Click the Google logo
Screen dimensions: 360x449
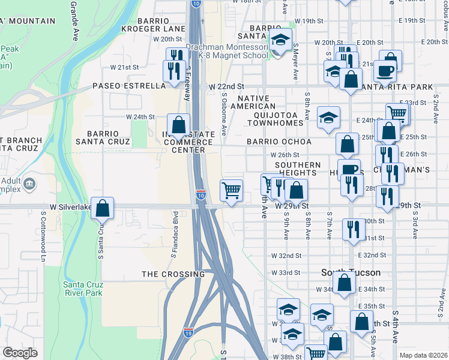[x=20, y=353]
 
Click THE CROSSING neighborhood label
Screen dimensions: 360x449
[x=173, y=274]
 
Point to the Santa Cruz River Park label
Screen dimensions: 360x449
[x=82, y=289]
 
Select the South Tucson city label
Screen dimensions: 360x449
[x=351, y=272]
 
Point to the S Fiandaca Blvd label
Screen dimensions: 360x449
[x=174, y=234]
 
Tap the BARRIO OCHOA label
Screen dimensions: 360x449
[x=279, y=142]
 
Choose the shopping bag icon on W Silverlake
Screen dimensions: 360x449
[x=103, y=208]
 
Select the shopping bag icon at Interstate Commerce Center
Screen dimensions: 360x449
[x=178, y=125]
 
